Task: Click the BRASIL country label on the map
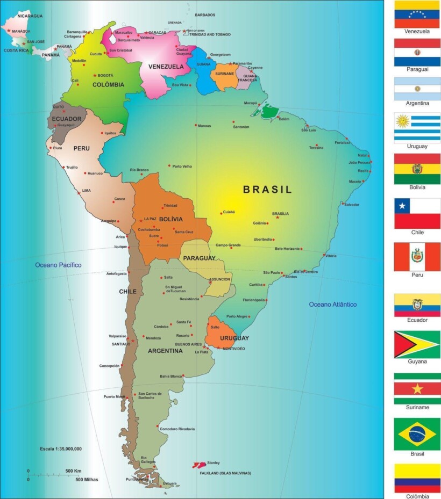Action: (267, 190)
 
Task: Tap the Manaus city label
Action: (204, 126)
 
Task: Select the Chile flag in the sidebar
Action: (417, 213)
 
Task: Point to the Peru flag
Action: (417, 257)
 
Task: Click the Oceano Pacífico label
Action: (58, 265)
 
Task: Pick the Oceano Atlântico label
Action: (332, 305)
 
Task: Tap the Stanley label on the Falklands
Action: (214, 462)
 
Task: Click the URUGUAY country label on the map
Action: (234, 338)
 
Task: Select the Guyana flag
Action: (417, 344)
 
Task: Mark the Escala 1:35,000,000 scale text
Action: (61, 448)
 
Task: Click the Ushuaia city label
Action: (169, 483)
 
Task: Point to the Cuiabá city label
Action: (228, 212)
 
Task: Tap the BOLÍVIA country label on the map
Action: (170, 219)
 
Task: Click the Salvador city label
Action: (352, 205)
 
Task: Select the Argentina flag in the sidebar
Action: (417, 89)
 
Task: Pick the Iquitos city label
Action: (110, 133)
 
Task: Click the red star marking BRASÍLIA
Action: (278, 218)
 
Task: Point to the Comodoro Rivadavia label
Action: (177, 429)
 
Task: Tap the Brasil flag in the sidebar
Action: (417, 434)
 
